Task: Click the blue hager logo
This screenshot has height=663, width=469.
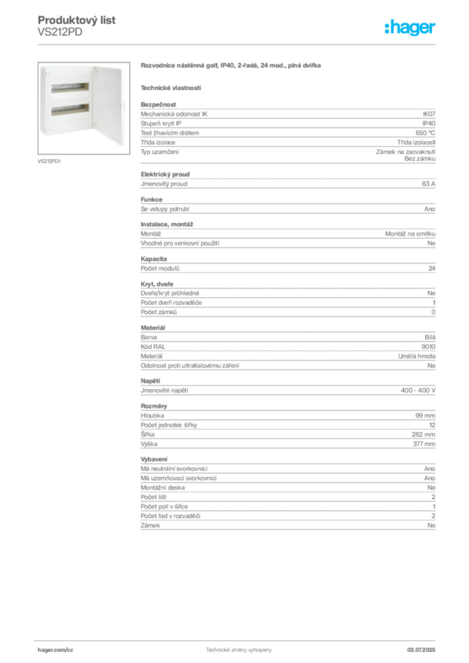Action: [x=411, y=28]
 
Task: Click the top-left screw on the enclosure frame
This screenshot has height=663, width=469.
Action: [x=47, y=73]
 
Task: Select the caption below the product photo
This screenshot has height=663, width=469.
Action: [x=49, y=161]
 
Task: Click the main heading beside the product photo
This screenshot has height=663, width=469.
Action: [x=232, y=67]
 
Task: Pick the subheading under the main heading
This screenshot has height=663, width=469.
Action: [x=171, y=87]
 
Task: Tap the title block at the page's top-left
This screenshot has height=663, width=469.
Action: [x=78, y=26]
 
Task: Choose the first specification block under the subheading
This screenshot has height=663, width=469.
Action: [x=288, y=133]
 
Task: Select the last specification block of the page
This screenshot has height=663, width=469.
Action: [x=288, y=495]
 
